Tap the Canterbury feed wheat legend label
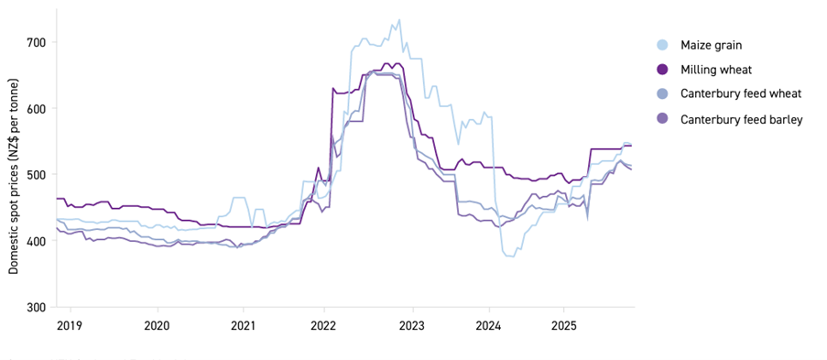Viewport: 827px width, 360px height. (741, 94)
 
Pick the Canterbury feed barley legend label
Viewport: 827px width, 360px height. (742, 119)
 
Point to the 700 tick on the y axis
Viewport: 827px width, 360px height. (38, 42)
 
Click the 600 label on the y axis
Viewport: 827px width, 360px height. (38, 108)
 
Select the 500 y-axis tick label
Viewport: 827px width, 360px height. (38, 174)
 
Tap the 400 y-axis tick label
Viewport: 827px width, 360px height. (38, 241)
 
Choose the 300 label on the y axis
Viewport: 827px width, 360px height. (38, 307)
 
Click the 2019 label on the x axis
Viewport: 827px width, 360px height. (70, 325)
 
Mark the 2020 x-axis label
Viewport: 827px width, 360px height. (157, 325)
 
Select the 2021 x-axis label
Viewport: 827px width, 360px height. (243, 325)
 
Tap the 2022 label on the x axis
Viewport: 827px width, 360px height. (325, 325)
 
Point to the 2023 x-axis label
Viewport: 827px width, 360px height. (412, 325)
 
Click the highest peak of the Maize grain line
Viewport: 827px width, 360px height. (399, 20)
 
